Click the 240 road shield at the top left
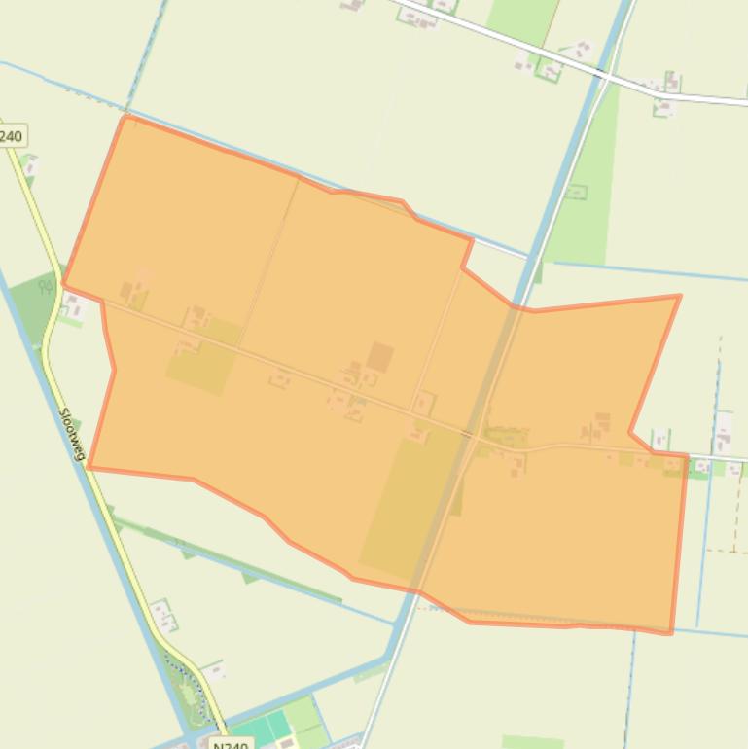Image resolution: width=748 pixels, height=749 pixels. pos(10,135)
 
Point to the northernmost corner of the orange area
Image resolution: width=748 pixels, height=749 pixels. pos(126,117)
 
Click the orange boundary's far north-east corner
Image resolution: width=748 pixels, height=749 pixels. pos(679,296)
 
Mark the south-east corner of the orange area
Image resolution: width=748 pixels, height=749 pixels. pos(670,633)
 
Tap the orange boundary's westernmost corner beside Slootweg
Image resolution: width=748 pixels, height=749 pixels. pos(63,284)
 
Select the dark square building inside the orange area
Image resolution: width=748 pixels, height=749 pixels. pos(379,357)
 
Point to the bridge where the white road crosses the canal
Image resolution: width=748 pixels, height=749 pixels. pos(605,74)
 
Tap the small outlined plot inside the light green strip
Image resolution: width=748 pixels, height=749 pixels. pos(576,192)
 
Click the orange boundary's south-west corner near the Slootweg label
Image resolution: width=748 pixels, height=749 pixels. pos(89,467)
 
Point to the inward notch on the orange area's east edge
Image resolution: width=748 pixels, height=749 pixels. pos(631,431)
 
